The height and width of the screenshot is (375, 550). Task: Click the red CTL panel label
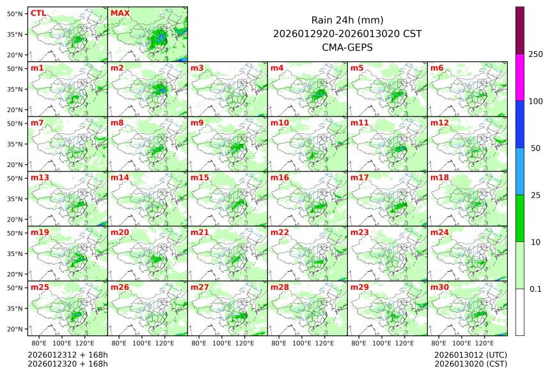tap(38, 13)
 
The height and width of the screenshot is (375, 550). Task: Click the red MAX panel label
tap(119, 13)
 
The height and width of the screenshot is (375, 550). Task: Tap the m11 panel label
tap(359, 122)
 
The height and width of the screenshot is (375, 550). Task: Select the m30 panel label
tap(439, 287)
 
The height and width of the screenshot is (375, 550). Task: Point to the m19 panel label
tap(38, 232)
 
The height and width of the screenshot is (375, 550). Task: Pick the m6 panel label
tap(437, 68)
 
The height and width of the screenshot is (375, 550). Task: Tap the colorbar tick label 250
tap(536, 54)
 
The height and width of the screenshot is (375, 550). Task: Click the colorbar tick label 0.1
tap(536, 289)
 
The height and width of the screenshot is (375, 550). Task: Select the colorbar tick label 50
tap(536, 148)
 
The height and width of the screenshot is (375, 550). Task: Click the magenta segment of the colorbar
tap(520, 77)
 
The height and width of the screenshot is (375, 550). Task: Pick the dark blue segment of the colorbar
tap(520, 124)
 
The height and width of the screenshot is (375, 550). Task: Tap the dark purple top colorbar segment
tap(520, 30)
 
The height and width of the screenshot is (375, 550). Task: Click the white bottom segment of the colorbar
tap(520, 312)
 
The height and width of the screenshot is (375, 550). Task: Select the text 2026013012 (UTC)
tap(470, 355)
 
